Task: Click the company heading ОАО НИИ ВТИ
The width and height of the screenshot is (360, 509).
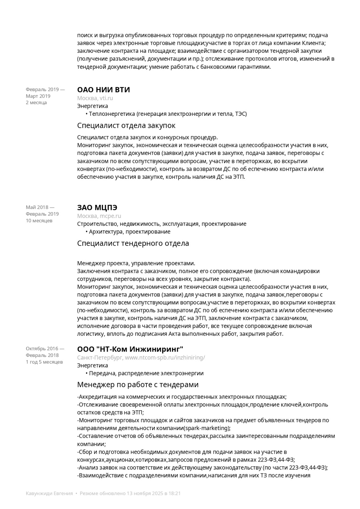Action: click(103, 90)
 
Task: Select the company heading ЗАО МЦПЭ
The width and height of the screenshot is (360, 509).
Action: click(97, 208)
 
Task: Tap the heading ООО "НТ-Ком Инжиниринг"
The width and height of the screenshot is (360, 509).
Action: click(130, 349)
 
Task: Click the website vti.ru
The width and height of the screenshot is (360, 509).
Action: click(106, 98)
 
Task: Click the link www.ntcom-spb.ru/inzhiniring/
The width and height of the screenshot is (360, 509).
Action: click(165, 358)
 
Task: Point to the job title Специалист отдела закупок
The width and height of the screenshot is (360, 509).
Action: click(126, 125)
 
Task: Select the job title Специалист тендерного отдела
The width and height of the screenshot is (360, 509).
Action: click(133, 243)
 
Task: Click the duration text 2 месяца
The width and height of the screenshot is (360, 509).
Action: click(36, 102)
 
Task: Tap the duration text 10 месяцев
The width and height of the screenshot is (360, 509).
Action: click(39, 220)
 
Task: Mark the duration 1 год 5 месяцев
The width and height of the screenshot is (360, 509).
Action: click(44, 362)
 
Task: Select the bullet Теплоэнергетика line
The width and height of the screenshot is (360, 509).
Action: click(168, 114)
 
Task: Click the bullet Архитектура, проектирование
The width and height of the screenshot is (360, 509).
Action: click(129, 232)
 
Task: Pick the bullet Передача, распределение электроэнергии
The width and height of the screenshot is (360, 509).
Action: click(146, 373)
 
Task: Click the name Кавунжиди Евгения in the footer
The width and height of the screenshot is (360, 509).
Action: click(49, 493)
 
